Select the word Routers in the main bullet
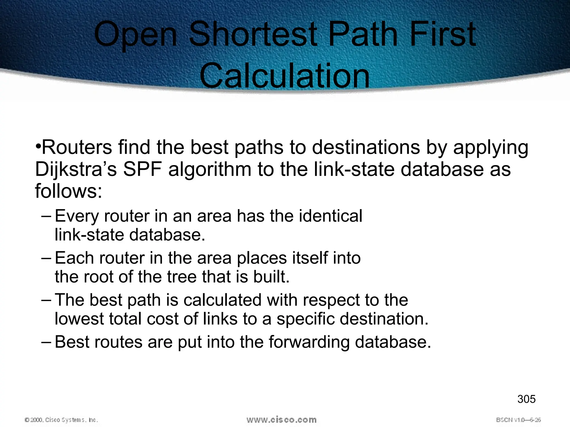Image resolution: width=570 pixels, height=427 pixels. point(77,147)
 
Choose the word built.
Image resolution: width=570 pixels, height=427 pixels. point(271,277)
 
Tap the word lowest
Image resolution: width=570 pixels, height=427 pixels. point(79,319)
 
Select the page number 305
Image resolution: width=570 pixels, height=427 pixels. point(526,399)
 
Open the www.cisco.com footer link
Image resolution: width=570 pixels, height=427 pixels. point(281,419)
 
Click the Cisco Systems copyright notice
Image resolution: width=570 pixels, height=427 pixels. point(61,420)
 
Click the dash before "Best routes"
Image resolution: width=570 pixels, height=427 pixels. point(46,342)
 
